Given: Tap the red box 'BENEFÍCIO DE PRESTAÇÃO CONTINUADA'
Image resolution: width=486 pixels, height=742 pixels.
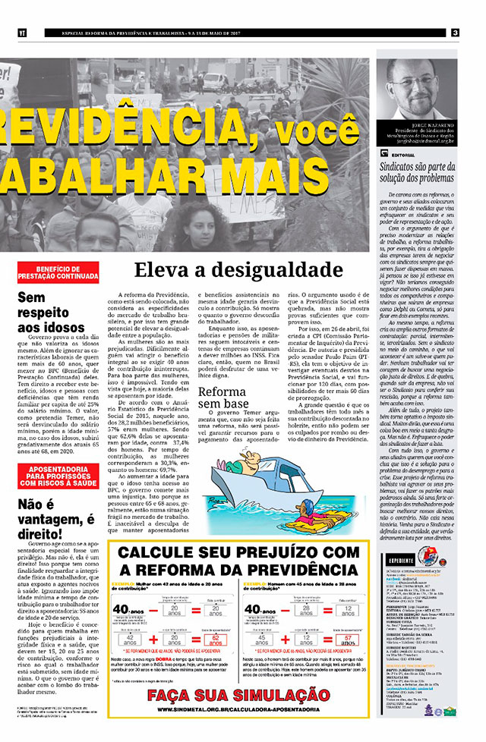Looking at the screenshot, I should (x=58, y=272).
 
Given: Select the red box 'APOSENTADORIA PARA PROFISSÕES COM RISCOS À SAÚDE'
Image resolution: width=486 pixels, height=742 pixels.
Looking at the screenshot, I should (x=58, y=476).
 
